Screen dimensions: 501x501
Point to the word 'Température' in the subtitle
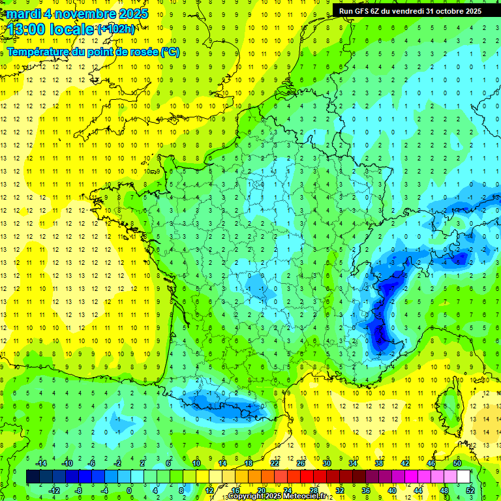38,52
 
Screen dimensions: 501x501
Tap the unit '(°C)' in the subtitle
169,52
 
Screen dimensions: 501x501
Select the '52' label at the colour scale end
470,490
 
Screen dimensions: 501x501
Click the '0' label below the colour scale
130,490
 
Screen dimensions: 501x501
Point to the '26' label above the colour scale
301,463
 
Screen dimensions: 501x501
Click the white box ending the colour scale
463,476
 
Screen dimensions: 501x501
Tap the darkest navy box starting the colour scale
33,476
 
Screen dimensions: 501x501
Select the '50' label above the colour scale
457,463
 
